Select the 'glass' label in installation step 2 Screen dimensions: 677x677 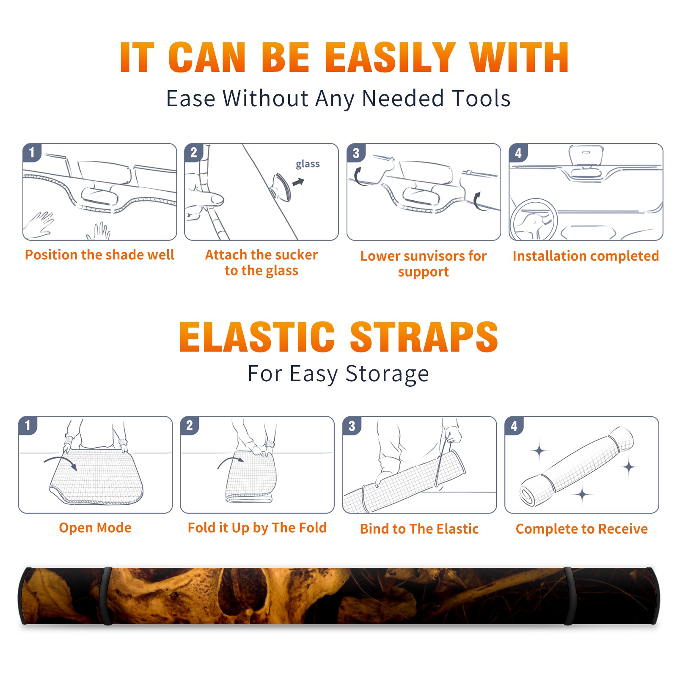pyautogui.click(x=308, y=164)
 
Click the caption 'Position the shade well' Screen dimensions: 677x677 pyautogui.click(x=99, y=255)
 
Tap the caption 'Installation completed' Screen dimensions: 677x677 pyautogui.click(x=586, y=256)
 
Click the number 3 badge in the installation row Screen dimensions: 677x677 pyautogui.click(x=356, y=153)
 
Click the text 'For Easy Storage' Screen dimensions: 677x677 pyautogui.click(x=338, y=374)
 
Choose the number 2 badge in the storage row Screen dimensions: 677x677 pyautogui.click(x=190, y=426)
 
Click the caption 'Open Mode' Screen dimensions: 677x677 pyautogui.click(x=95, y=528)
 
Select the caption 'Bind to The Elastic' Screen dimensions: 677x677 pyautogui.click(x=419, y=529)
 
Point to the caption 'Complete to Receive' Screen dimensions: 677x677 pyautogui.click(x=582, y=529)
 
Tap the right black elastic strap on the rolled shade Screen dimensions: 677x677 pyautogui.click(x=569, y=596)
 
